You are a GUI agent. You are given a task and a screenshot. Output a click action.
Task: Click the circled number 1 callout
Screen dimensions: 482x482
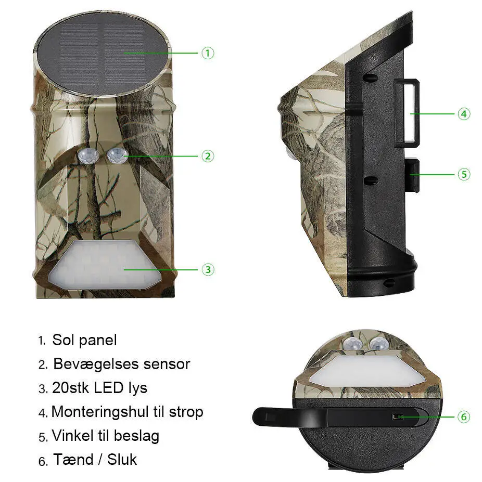[208, 53]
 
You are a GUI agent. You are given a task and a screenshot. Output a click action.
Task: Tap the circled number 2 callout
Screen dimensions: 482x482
[208, 156]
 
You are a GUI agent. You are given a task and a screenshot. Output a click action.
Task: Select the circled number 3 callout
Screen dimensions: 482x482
[208, 269]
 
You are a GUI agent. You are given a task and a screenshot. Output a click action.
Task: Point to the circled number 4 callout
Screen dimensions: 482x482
[464, 114]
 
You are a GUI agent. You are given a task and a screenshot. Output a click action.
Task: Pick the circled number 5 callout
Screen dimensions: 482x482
[464, 174]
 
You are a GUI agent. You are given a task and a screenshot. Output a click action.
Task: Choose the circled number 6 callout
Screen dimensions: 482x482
[464, 417]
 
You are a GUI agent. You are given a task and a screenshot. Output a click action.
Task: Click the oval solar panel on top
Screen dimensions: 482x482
[104, 54]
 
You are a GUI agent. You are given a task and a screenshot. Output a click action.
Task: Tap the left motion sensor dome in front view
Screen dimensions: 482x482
[88, 155]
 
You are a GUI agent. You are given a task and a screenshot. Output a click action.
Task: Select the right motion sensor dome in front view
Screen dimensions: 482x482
[117, 155]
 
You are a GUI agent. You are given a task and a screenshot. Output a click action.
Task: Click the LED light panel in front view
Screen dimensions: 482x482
[105, 265]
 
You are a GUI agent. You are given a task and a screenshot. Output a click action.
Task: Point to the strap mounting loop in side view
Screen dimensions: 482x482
[407, 113]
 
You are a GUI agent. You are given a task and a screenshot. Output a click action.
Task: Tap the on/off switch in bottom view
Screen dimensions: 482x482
[397, 417]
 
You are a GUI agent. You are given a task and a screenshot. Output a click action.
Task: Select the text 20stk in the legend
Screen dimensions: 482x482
[71, 388]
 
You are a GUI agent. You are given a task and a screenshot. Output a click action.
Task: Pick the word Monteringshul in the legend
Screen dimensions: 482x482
[100, 412]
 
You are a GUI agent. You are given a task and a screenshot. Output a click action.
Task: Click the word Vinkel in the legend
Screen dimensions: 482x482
[73, 436]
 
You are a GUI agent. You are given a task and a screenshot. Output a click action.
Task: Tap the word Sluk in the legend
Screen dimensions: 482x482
[122, 460]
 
